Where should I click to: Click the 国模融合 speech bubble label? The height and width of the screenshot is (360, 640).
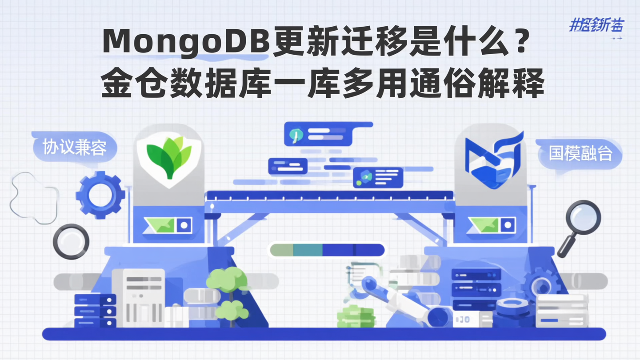580,153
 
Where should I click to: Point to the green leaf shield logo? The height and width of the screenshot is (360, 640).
169,158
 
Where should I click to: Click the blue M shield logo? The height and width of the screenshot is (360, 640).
493,160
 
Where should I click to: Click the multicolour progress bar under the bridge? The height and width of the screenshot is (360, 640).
327,250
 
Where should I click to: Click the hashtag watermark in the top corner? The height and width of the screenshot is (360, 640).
596,26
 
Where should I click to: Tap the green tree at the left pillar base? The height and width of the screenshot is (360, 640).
228,289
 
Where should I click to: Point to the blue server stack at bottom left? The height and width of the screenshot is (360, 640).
95,311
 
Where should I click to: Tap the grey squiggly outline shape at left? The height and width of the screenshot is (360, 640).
34,198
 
